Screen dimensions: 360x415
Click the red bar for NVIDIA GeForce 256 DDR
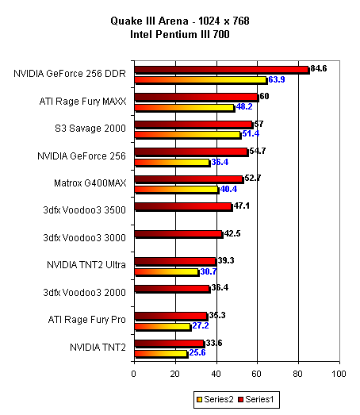point(222,70)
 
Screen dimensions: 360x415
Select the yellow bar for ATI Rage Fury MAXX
point(185,108)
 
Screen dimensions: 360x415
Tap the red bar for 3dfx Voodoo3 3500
point(184,207)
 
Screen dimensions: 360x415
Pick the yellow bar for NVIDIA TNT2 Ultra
point(167,273)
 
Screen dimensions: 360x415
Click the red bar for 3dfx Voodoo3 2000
point(172,289)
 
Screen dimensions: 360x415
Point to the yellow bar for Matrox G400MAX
point(177,190)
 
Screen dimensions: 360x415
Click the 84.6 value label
point(319,68)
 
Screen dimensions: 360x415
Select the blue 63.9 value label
point(277,79)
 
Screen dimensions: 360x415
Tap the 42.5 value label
point(232,234)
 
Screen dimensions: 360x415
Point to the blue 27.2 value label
point(201,325)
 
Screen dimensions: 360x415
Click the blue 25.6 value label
point(197,352)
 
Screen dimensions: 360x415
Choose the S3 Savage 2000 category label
point(90,129)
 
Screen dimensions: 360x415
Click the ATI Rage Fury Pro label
point(86,320)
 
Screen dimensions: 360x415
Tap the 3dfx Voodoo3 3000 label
point(84,238)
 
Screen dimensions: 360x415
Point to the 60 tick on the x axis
point(256,374)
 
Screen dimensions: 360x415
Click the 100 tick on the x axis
point(339,374)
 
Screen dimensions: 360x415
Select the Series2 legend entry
point(215,399)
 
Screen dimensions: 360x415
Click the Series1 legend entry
point(256,399)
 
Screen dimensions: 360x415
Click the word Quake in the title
point(123,21)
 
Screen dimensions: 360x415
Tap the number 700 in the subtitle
point(221,34)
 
